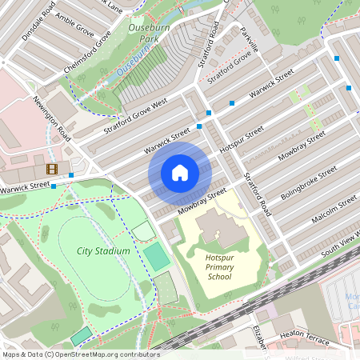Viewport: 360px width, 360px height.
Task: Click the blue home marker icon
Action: [180, 173]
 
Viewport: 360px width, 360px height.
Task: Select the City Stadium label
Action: [103, 250]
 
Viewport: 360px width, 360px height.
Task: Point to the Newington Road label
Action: [52, 119]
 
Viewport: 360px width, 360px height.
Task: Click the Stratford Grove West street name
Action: [134, 118]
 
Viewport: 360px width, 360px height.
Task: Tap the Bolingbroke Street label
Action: [309, 184]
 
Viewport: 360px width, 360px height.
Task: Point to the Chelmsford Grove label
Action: [86, 53]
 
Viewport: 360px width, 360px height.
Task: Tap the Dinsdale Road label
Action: [39, 20]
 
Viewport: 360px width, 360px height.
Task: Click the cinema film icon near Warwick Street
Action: [52, 169]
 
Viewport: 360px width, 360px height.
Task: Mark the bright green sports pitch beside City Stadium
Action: [157, 257]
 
